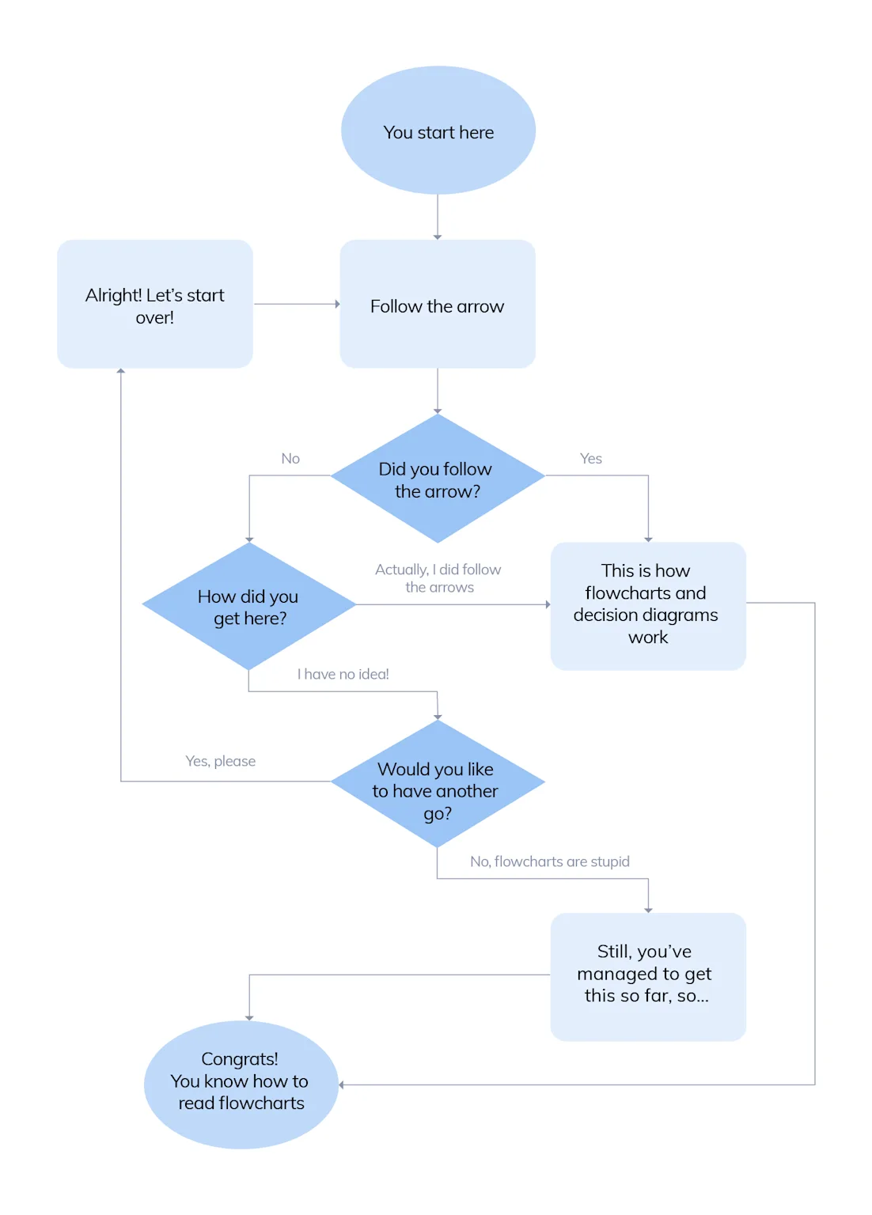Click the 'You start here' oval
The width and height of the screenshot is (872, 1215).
(438, 131)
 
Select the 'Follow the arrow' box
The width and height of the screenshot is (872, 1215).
(438, 305)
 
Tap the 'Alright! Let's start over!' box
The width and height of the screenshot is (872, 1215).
(155, 305)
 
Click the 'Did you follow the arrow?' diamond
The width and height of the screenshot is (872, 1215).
(438, 479)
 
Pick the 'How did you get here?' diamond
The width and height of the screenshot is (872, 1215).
(249, 607)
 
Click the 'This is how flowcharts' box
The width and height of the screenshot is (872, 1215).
(648, 605)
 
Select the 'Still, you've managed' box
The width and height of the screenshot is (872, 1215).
(648, 975)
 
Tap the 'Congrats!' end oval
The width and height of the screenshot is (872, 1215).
(241, 1084)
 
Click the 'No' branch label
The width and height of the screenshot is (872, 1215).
(290, 459)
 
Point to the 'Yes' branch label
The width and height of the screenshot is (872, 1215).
(591, 459)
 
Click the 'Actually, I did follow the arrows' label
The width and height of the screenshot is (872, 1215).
(438, 578)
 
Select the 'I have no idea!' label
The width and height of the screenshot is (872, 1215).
(343, 674)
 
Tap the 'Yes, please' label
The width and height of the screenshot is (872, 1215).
(221, 761)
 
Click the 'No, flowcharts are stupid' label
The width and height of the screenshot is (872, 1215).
(550, 861)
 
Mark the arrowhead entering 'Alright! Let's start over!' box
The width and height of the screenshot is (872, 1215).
(121, 371)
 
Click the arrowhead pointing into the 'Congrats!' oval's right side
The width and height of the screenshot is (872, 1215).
(342, 1084)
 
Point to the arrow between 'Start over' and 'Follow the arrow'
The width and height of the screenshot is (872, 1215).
(296, 304)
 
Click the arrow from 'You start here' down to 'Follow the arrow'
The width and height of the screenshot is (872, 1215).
(438, 216)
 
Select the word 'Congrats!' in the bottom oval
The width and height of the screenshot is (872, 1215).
(240, 1059)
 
